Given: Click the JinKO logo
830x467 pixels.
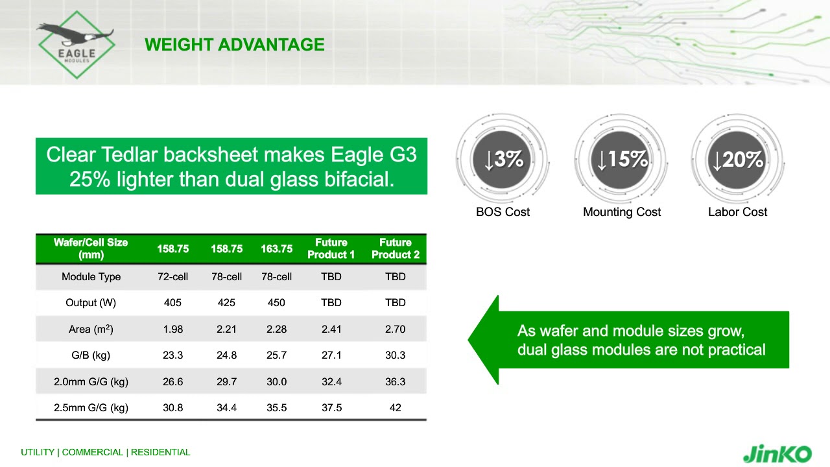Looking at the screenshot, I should pos(777,453).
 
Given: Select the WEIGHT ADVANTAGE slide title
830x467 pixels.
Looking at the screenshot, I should pos(234,45).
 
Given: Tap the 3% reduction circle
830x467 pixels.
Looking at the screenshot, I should pos(503,160).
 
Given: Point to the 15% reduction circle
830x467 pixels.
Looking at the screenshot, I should pos(621,160).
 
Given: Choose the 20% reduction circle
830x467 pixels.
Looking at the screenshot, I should pos(737,160).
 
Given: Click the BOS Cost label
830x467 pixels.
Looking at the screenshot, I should pos(503,212).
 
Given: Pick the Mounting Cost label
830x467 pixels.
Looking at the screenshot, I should pos(621,212).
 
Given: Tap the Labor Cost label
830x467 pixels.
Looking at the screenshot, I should pos(737,212).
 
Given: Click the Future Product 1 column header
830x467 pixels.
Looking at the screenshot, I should pos(331,248).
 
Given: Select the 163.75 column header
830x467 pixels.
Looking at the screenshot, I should pos(276,249).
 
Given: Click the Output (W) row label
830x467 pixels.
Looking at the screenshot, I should pos(91,303).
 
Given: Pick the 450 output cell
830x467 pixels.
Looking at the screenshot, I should pos(276,303).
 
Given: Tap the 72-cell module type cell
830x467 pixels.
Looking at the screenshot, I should pos(172,277).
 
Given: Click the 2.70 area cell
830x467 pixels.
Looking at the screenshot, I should pos(395,329).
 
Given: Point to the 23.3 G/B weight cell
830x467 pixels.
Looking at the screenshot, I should pos(172,355).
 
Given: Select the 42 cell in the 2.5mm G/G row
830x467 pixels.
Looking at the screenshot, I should pos(395,408).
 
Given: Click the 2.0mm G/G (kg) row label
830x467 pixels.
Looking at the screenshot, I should pos(91,382).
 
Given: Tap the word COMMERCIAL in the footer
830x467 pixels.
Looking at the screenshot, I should pos(92,452).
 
